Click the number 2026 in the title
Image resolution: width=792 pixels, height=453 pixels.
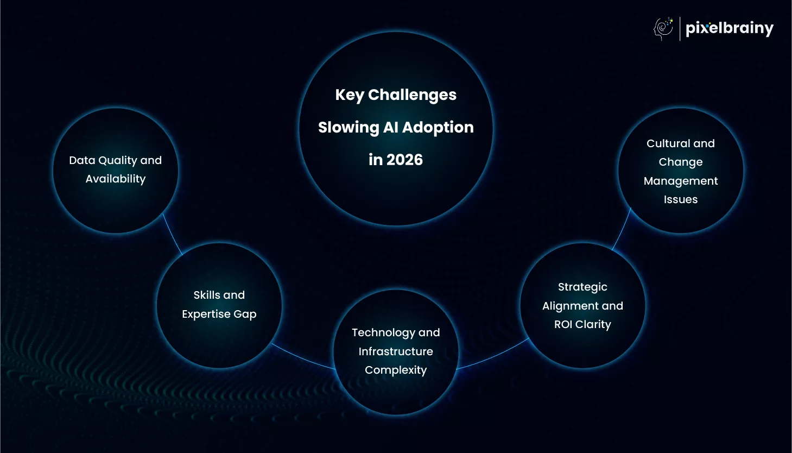404,160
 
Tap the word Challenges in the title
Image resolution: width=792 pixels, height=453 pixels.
412,95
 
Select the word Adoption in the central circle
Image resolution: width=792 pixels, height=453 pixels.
438,128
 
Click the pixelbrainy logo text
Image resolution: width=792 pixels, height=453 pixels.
730,29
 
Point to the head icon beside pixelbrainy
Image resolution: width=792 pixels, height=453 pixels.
663,29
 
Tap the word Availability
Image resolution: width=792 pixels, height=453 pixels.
116,179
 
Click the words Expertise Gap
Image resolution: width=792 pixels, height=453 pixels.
219,314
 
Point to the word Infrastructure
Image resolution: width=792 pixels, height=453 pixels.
396,351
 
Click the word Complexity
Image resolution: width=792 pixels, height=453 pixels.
396,370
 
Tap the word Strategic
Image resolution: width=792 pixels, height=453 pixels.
582,287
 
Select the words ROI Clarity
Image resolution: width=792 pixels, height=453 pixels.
582,324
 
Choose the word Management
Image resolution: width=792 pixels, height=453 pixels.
681,181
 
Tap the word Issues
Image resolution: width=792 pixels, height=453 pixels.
681,199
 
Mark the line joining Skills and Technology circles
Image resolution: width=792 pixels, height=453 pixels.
303,358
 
